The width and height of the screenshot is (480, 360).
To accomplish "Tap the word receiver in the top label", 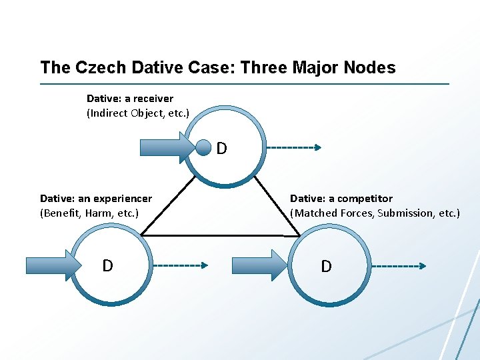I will click(153, 99).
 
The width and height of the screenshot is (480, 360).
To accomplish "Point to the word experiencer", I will click(123, 199).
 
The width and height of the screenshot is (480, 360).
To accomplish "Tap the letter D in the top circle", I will click(221, 148).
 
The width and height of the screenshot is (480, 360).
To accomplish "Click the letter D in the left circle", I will click(107, 266).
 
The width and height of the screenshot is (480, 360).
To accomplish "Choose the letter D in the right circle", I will click(326, 267).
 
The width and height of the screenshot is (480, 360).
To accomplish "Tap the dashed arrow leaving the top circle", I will click(293, 147).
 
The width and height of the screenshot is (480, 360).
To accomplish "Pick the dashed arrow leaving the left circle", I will click(180, 265).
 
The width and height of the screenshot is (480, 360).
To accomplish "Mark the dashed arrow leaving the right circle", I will click(398, 266).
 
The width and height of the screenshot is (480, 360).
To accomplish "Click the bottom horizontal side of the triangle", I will click(220, 236).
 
